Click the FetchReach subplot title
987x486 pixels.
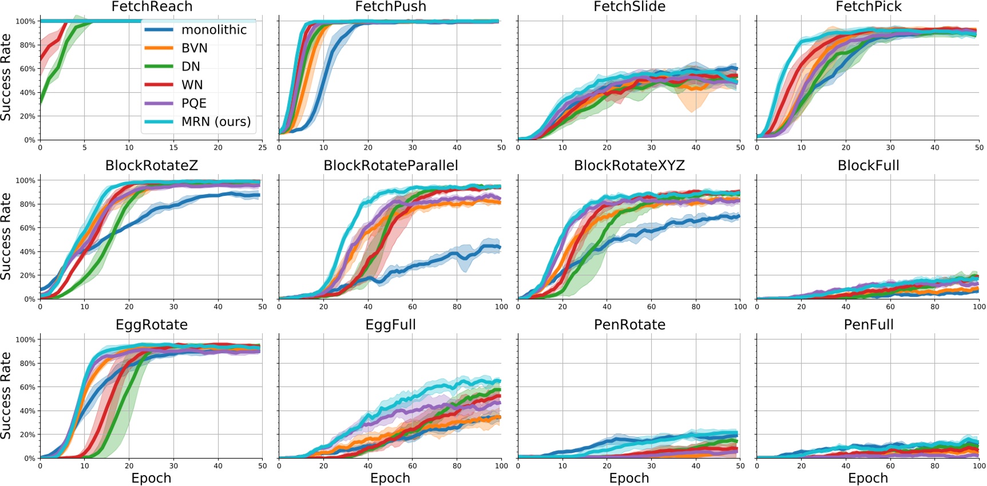point(152,7)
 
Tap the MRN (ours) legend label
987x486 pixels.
point(216,121)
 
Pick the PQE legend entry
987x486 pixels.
point(193,103)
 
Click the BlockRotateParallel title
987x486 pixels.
point(391,165)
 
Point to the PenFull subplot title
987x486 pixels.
point(868,325)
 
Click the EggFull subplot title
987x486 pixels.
point(390,325)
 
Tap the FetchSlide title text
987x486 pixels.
point(629,7)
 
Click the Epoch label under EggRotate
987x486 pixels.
point(151,478)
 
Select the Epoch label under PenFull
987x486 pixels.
point(868,478)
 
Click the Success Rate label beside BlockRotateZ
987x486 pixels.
point(6,236)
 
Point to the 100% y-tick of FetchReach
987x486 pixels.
point(25,21)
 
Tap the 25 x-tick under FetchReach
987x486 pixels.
point(262,148)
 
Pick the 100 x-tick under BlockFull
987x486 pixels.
point(979,307)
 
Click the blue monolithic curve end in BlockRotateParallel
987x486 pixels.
point(500,247)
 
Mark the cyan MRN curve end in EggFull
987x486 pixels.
point(500,381)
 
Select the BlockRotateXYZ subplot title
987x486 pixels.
point(629,165)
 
